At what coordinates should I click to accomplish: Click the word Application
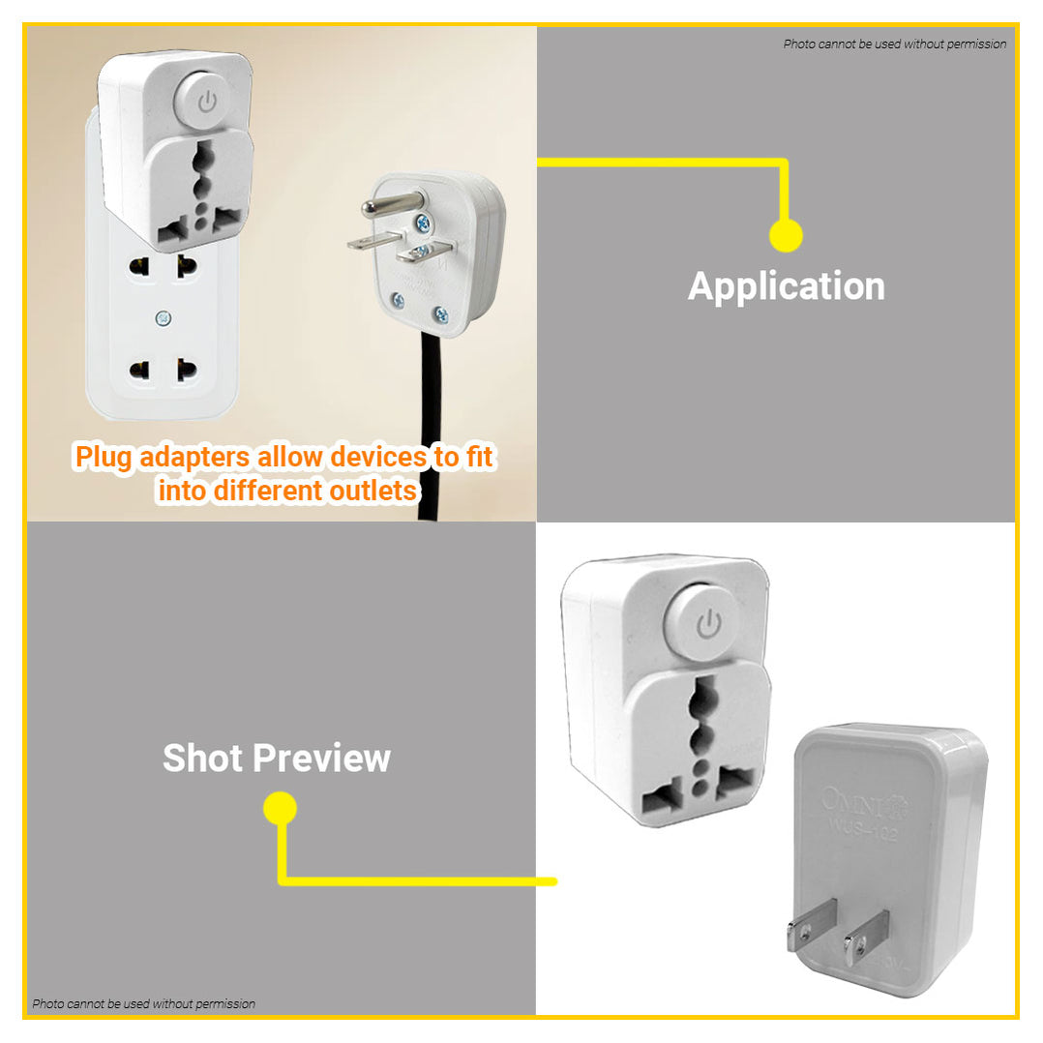pos(786,286)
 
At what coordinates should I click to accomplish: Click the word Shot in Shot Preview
pos(202,758)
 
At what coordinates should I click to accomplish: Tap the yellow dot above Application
pos(786,235)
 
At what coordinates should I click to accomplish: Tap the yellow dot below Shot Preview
pos(280,808)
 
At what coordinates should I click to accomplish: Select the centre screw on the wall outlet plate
pos(163,316)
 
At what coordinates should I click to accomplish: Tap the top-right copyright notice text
pos(894,44)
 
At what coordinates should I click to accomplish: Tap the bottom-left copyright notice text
pos(144,1003)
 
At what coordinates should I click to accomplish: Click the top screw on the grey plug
pos(423,223)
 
